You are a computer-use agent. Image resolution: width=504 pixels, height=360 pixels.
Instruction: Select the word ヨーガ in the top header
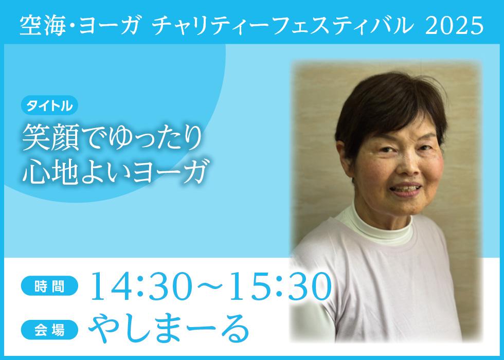pyautogui.click(x=107, y=26)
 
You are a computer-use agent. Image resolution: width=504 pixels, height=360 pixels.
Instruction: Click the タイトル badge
pyautogui.click(x=49, y=105)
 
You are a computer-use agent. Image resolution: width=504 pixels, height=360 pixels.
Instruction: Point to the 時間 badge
pyautogui.click(x=49, y=286)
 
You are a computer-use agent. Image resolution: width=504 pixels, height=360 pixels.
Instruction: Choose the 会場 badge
pyautogui.click(x=49, y=330)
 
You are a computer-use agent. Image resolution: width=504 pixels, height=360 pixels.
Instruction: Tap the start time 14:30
pyautogui.click(x=139, y=286)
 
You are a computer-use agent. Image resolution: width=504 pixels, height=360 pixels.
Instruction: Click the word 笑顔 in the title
pyautogui.click(x=50, y=138)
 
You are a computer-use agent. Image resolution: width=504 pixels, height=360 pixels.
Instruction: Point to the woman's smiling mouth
pyautogui.click(x=406, y=189)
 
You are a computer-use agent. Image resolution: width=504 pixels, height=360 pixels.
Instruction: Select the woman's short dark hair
pyautogui.click(x=390, y=109)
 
